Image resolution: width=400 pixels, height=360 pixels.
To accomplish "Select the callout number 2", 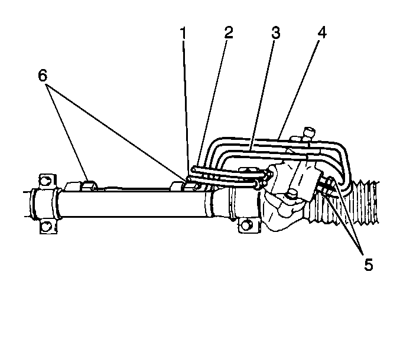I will coord(227,33).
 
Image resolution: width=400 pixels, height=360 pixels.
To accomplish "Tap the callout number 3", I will coord(275,33).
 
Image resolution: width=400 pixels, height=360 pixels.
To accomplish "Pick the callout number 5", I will coord(368,264).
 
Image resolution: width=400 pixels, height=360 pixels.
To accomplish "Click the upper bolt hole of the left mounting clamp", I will coord(44,179).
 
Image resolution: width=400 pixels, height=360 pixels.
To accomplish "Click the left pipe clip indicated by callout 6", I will coord(87,185).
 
